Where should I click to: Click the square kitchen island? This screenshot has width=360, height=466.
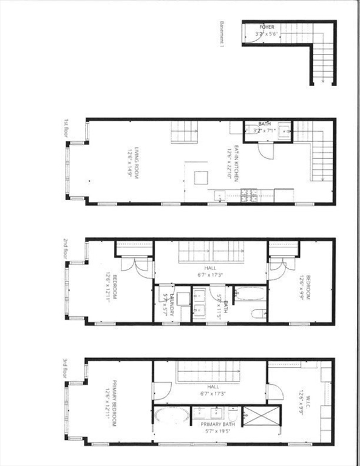[200, 177]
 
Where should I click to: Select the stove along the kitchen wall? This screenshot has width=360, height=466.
[248, 196]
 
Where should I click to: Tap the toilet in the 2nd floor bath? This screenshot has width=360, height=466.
[257, 314]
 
